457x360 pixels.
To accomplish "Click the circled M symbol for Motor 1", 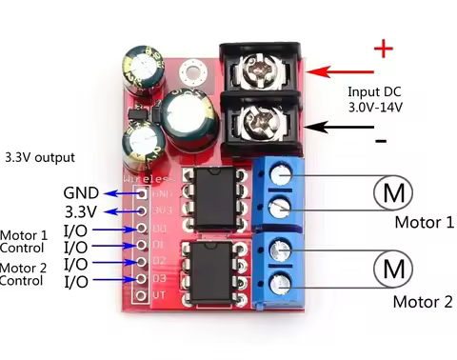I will click(392, 192).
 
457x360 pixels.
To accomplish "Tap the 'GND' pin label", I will click(81, 191).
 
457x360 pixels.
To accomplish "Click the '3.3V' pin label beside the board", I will click(81, 210).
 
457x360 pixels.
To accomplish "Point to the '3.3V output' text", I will click(39, 157).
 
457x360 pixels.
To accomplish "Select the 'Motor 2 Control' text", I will click(23, 274).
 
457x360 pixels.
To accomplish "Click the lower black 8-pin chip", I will click(217, 264).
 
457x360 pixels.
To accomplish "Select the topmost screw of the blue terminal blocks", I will click(280, 173).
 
